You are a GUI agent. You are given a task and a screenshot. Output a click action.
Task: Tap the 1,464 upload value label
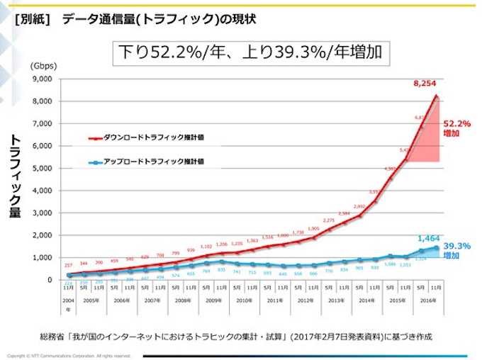pos(430,239)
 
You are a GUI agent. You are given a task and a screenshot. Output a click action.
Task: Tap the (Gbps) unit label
pos(43,65)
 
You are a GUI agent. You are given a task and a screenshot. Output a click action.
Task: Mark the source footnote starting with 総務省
pos(236,336)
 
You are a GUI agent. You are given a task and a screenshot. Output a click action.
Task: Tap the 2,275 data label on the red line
pos(329,220)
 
